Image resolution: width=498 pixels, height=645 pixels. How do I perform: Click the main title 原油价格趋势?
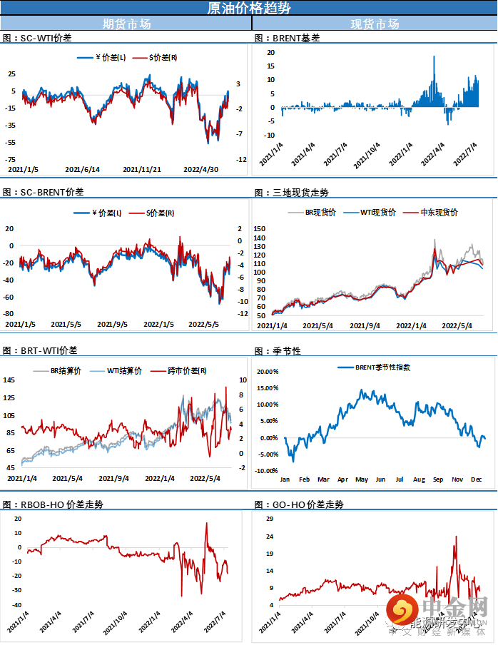[x=248, y=8]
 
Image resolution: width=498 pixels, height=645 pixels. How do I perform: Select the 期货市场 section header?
[x=126, y=24]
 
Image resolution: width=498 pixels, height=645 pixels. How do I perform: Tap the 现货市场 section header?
[x=375, y=24]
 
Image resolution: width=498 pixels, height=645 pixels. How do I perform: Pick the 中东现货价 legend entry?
[x=436, y=213]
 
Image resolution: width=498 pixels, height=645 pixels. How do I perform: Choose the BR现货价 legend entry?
[x=320, y=213]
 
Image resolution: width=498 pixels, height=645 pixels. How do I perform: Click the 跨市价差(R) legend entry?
[x=188, y=371]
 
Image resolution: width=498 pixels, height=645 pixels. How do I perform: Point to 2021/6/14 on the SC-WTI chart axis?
[x=82, y=170]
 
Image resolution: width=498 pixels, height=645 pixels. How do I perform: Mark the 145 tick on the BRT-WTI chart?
[x=9, y=380]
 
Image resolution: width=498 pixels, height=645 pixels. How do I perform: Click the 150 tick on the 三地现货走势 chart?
[x=260, y=228]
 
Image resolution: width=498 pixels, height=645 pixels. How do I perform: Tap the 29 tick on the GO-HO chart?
[x=269, y=518]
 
